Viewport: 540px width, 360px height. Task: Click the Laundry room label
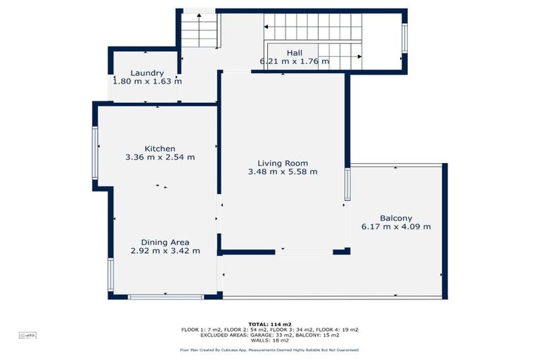tap(148, 73)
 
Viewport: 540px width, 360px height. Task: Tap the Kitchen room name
tap(160, 148)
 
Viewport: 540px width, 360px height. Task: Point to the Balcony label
tap(396, 218)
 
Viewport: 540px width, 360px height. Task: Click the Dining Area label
tap(165, 242)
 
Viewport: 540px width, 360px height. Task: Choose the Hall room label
tap(295, 53)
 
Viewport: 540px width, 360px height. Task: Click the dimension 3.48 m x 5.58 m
tap(283, 172)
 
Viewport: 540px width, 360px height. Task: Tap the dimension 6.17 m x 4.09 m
tap(396, 226)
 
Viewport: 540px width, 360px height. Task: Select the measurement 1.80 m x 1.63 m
tap(148, 82)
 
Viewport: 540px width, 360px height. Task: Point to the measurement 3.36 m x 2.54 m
tap(160, 157)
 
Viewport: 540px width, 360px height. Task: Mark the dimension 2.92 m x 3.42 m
tap(165, 251)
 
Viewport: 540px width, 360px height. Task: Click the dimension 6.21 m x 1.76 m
tap(295, 61)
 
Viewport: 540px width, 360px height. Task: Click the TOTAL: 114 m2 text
tap(269, 324)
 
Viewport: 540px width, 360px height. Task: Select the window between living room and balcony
tap(347, 184)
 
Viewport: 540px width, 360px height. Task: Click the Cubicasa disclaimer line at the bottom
tap(269, 349)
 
